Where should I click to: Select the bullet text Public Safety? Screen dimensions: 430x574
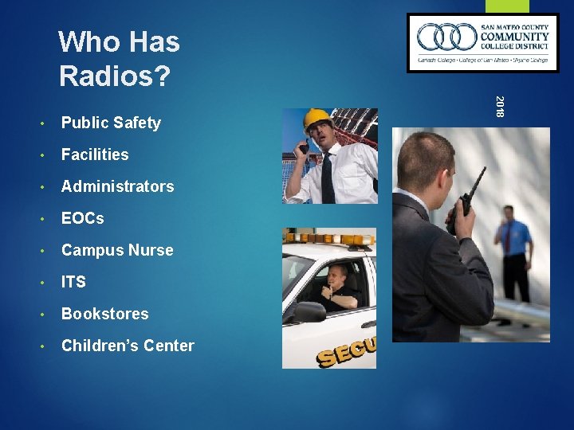pos(111,123)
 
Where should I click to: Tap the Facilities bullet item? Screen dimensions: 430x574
pos(94,154)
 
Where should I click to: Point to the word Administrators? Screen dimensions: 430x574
pos(117,186)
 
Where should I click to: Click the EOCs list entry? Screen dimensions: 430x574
pos(82,218)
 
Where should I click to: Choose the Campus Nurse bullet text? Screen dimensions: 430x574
pos(116,250)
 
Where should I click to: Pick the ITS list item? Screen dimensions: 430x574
pos(73,282)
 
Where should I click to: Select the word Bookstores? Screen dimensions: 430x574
pos(104,314)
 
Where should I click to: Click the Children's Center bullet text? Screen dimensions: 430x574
pos(128,346)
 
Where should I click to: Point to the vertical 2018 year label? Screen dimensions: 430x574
pos(499,107)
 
